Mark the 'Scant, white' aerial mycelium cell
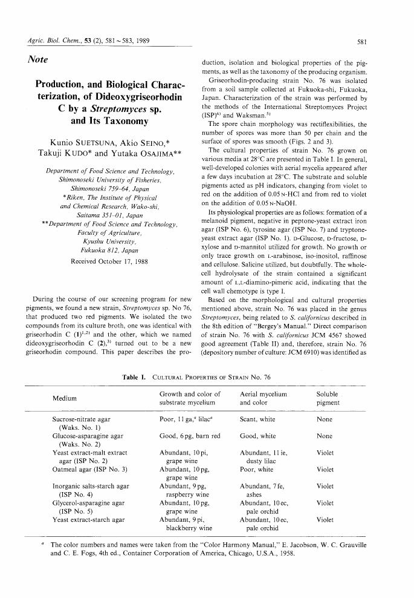pyautogui.click(x=258, y=418)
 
